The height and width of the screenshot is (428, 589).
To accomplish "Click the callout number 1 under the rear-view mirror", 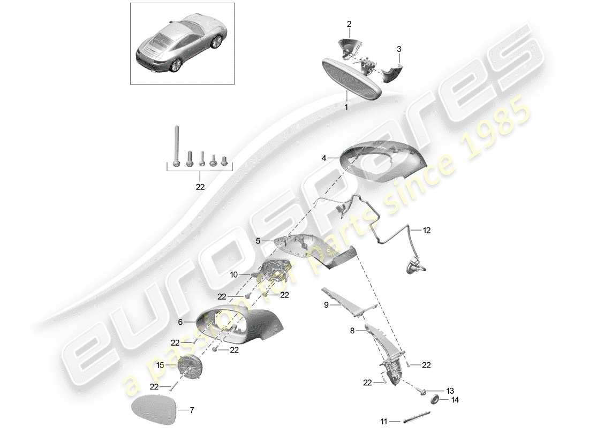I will click(x=346, y=107).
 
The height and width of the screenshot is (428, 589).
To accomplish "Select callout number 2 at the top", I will click(x=349, y=24).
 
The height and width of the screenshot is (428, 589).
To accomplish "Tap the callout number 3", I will click(x=398, y=49).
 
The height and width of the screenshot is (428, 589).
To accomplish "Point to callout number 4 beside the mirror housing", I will click(x=324, y=158).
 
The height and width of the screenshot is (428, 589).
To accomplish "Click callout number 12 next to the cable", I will click(x=426, y=231).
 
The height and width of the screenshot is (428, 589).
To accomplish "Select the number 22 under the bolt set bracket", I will click(x=200, y=187).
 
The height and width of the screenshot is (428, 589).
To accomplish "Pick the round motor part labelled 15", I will click(x=192, y=368).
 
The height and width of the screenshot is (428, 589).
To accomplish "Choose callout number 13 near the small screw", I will click(x=449, y=391).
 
